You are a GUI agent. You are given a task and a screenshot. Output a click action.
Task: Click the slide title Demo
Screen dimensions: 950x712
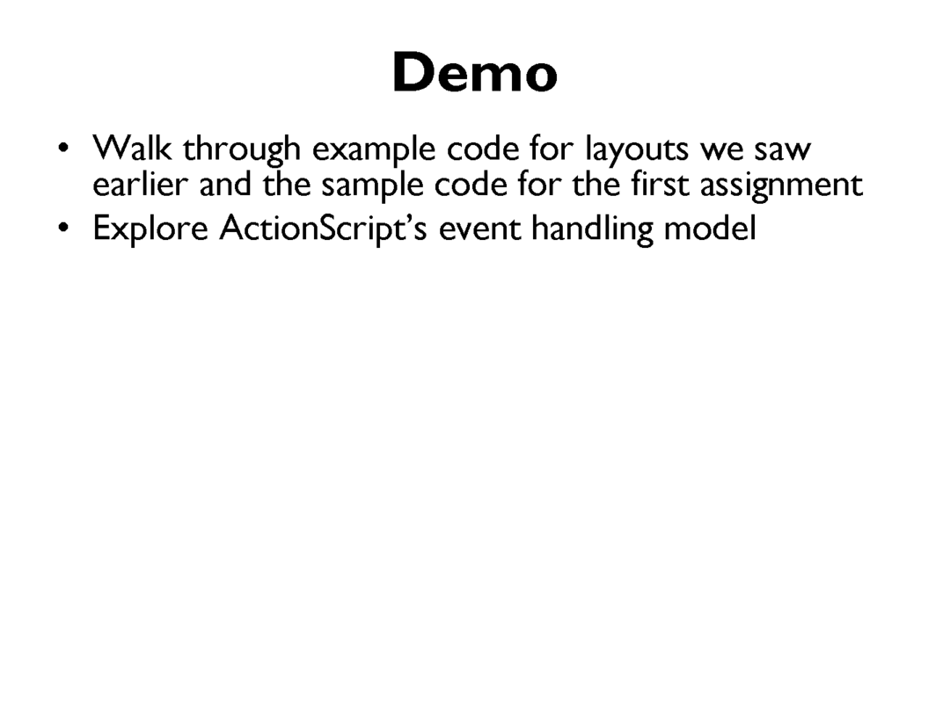475,73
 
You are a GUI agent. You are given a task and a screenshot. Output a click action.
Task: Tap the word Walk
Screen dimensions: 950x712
131,148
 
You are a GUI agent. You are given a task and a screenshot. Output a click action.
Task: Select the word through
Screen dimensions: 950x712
242,150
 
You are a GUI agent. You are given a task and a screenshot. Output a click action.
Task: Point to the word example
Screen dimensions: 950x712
374,151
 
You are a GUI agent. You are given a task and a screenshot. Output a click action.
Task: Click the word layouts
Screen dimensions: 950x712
637,150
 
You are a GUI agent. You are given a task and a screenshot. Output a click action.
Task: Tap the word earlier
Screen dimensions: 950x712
139,184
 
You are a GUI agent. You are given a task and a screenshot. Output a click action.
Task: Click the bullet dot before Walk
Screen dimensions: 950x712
63,149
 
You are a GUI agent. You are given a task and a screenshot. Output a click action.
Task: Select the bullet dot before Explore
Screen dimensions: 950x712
63,229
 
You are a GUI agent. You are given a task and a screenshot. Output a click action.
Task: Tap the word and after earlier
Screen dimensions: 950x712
225,184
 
